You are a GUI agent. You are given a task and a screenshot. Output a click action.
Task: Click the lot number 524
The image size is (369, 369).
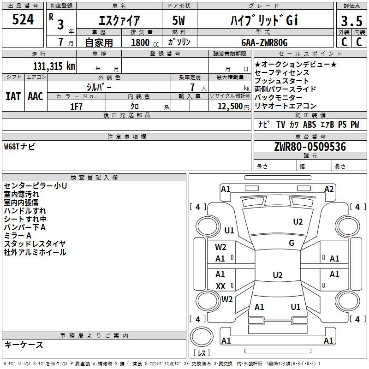point(23,19)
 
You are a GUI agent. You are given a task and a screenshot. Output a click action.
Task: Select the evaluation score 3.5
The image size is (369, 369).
point(351,21)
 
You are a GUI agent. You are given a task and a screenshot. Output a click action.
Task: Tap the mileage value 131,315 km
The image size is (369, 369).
point(54,66)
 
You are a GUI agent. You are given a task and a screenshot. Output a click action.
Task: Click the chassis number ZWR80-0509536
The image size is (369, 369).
point(310,147)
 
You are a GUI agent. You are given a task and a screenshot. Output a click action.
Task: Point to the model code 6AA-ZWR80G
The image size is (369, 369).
point(264,42)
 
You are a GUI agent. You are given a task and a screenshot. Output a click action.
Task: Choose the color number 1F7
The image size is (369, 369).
point(76,107)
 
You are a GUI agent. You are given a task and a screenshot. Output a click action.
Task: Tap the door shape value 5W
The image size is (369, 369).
point(179,20)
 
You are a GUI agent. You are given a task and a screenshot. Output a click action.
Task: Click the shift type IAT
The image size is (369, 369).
point(13,96)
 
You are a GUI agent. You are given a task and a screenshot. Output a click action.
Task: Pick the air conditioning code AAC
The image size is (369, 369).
point(36,96)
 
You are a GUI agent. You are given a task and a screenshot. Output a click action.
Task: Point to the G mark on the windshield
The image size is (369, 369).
point(292,243)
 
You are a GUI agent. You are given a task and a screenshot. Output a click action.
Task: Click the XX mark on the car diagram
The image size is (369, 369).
point(220,286)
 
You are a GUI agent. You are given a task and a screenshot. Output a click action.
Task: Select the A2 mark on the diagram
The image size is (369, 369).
point(329,189)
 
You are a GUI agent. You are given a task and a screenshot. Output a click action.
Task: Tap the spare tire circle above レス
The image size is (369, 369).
point(202,336)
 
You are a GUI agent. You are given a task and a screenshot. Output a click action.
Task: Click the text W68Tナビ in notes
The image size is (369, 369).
point(19,147)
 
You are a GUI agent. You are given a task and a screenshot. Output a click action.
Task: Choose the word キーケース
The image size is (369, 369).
point(24,345)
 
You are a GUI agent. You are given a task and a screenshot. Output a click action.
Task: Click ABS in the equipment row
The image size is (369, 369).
point(309,124)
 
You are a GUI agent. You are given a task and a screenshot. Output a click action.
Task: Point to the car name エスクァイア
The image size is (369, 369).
point(119,20)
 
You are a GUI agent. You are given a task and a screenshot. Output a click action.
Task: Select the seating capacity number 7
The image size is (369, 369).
point(192,87)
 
